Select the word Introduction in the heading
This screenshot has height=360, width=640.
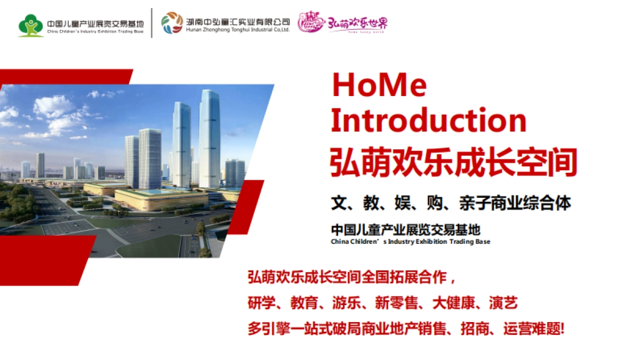(x=428, y=121)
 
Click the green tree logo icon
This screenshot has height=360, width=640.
(x=31, y=25)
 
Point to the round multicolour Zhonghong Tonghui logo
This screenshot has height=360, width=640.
(x=172, y=23)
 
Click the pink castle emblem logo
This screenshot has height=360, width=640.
(x=311, y=23)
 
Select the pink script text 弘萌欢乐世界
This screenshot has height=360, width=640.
(x=357, y=23)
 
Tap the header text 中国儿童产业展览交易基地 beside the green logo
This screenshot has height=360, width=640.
(x=95, y=23)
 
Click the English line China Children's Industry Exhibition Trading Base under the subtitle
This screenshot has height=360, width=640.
(x=410, y=242)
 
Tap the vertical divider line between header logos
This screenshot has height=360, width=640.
(x=152, y=23)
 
